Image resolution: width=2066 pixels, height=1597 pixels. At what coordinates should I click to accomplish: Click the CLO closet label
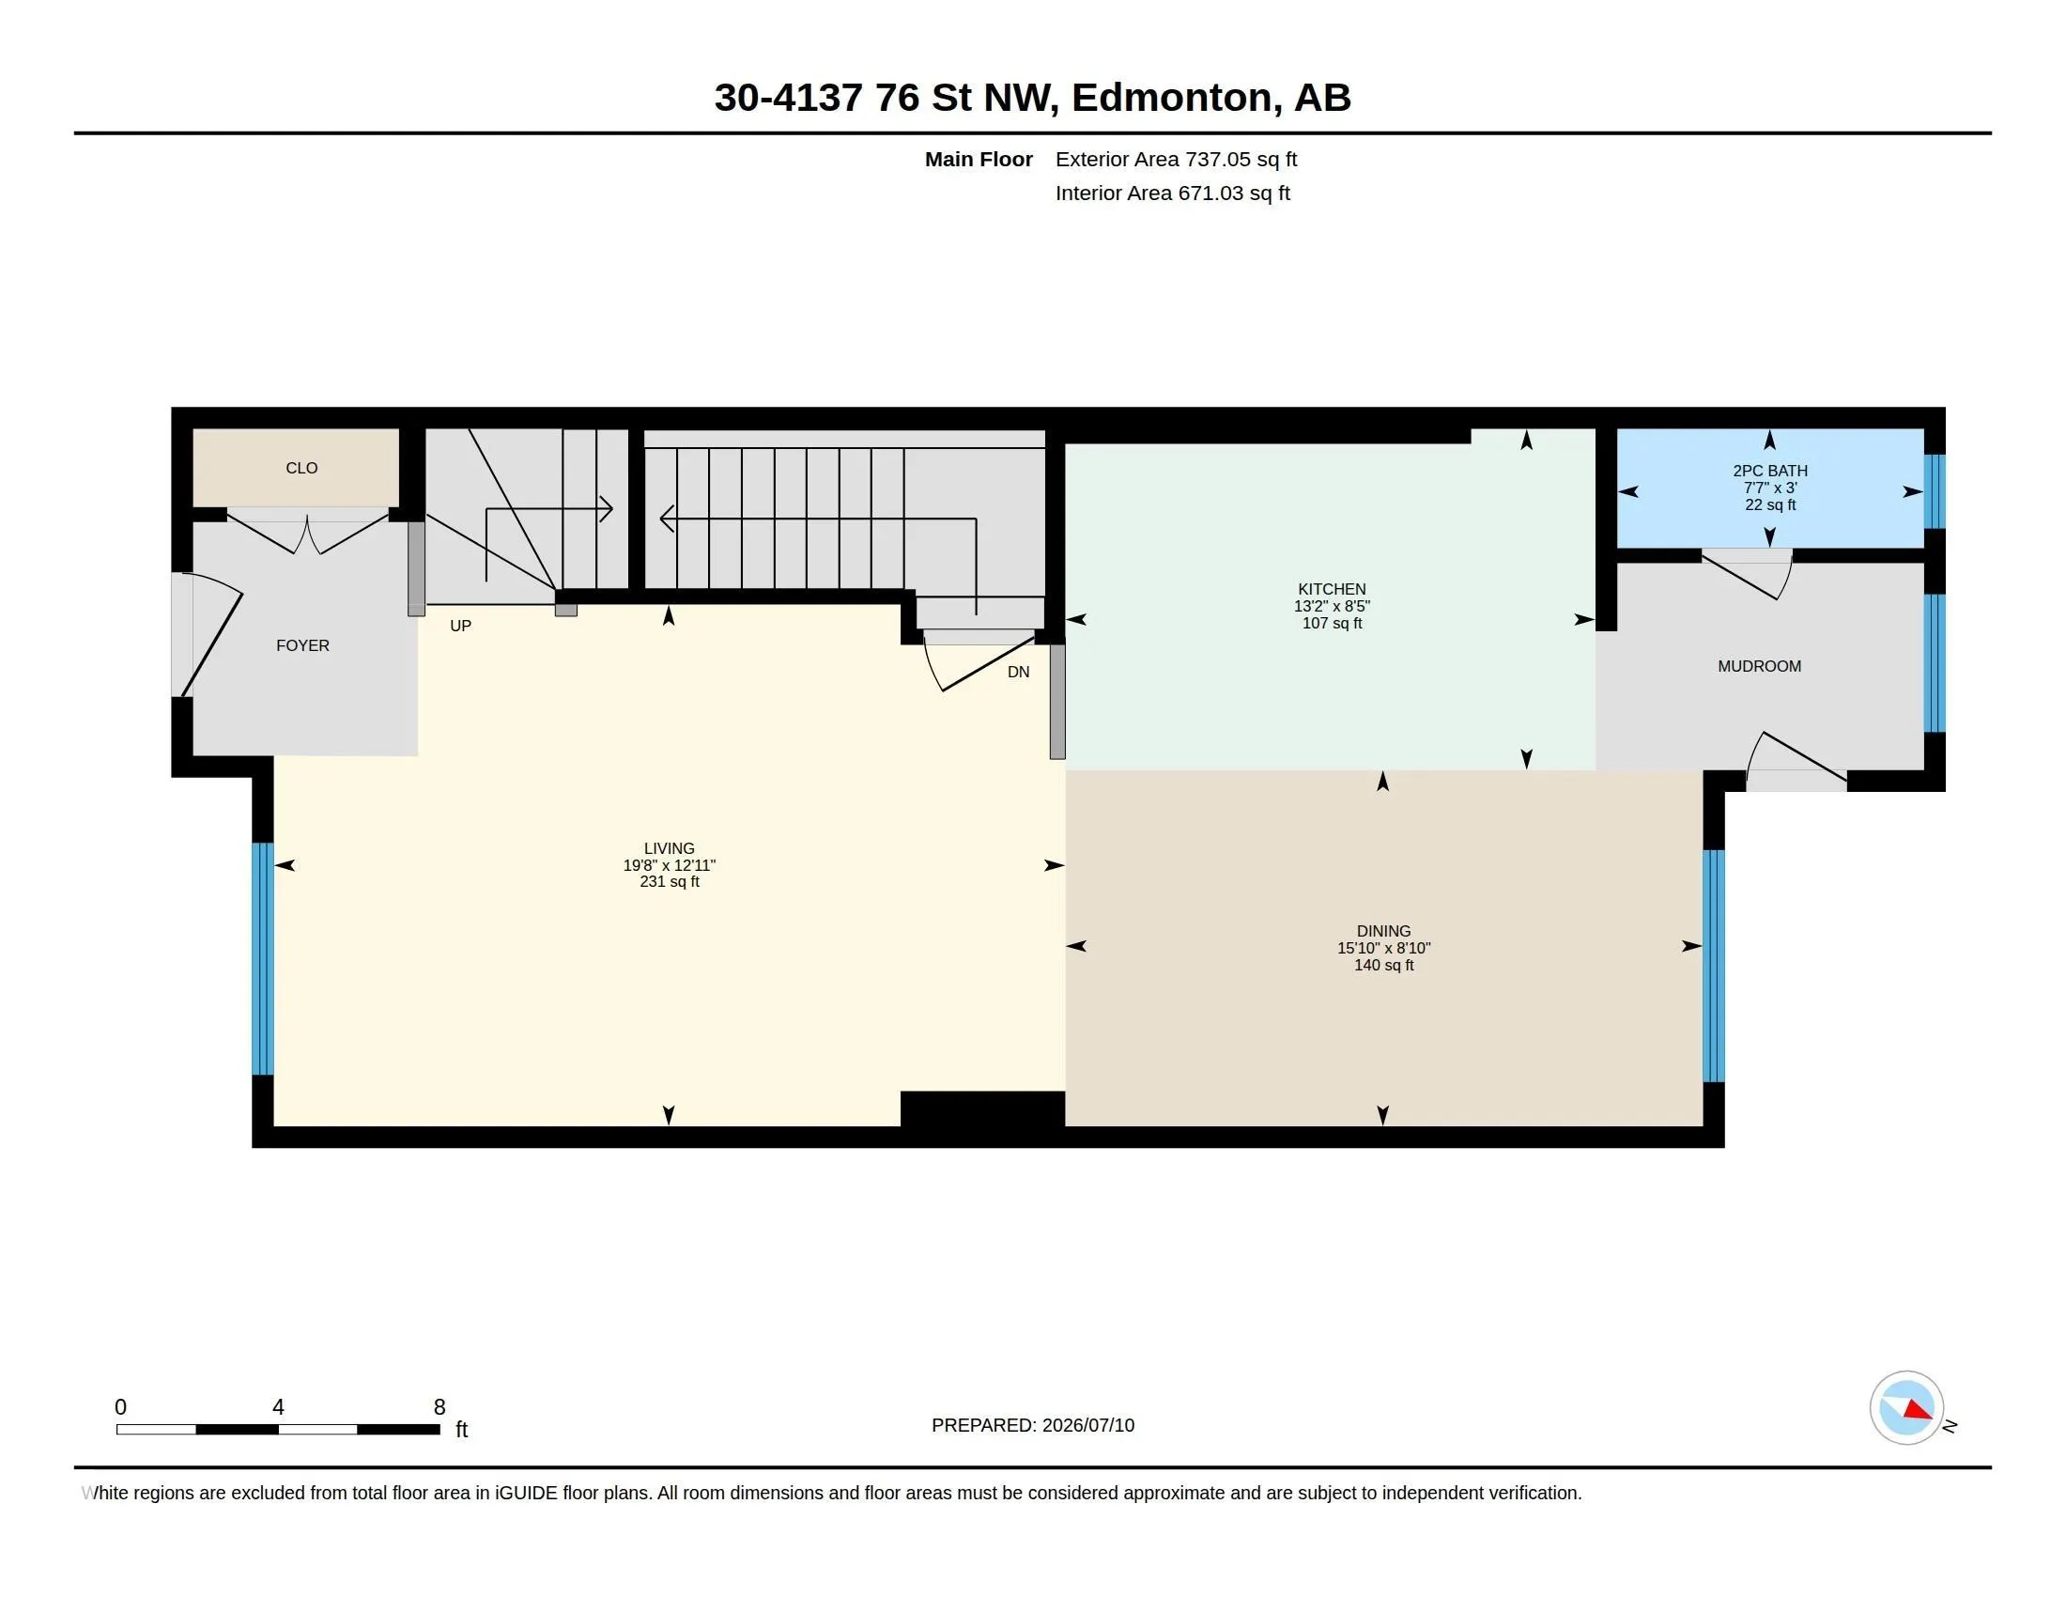coord(301,469)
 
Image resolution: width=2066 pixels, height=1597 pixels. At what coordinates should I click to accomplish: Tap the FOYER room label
coord(302,645)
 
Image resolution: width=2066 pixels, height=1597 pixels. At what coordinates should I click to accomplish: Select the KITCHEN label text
coord(1332,588)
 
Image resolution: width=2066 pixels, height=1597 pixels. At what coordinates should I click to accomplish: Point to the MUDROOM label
coord(1760,666)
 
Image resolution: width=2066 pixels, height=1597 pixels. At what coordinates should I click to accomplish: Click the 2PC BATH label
coord(1770,471)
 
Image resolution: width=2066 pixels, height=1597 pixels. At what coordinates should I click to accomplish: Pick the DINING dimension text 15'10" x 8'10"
coord(1384,948)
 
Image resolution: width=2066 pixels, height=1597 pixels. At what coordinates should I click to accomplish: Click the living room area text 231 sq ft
coord(670,882)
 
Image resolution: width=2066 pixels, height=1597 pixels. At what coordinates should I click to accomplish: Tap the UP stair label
coord(461,626)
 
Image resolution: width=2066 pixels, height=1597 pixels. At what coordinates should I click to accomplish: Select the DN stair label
coord(1019,672)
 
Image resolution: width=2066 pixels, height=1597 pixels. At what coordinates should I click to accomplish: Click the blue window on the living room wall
coord(263,958)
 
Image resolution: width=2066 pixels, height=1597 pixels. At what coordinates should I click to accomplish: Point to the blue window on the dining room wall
coord(1714,965)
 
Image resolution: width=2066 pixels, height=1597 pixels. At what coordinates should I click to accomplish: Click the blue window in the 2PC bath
coord(1935,491)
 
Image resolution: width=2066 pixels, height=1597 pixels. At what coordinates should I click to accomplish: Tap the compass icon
coord(1906,1408)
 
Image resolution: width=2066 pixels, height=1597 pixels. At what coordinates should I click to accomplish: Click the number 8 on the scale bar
coord(439,1407)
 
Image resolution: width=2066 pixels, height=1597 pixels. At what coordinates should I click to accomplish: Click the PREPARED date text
coord(1033,1425)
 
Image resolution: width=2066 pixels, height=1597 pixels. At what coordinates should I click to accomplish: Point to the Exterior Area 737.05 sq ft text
coord(1176,159)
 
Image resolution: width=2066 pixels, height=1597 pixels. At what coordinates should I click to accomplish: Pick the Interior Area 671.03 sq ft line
coord(1172,193)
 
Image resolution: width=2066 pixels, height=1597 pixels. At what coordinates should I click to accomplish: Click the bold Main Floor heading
coord(979,159)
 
